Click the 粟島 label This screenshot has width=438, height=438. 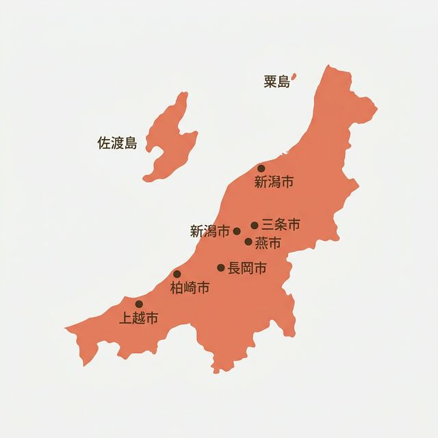click(277, 82)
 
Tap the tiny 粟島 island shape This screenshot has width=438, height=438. click(294, 78)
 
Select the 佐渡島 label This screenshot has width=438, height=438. click(117, 143)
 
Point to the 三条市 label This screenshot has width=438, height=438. click(281, 224)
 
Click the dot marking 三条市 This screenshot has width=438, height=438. click(255, 225)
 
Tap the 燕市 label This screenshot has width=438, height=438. click(268, 242)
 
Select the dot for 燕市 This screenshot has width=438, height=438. click(248, 241)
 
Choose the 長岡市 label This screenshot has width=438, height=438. click(247, 268)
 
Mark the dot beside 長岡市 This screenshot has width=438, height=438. click(221, 268)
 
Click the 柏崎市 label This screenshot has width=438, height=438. click(190, 288)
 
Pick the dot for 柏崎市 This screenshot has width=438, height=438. click(177, 274)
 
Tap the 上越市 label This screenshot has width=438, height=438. click(138, 318)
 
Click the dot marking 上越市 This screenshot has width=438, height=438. click(139, 304)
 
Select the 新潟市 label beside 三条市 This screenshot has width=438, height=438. click(209, 231)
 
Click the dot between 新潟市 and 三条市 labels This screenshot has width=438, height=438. click(237, 231)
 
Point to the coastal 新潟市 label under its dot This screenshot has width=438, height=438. click(274, 182)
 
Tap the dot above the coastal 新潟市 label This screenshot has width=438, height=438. click(261, 168)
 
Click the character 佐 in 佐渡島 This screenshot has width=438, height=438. click(104, 143)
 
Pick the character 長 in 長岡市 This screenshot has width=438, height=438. click(234, 268)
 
